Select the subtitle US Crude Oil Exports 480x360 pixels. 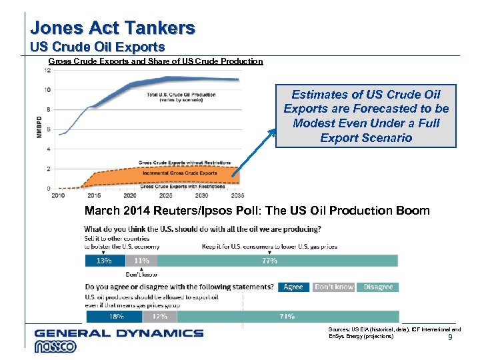[97, 47]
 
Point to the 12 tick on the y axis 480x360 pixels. [47, 70]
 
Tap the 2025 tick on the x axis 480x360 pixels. [166, 195]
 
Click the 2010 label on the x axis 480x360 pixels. [58, 195]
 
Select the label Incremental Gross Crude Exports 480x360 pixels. [179, 173]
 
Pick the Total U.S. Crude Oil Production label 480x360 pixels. [181, 97]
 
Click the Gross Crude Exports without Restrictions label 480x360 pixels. [185, 163]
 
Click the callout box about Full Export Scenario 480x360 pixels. [366, 116]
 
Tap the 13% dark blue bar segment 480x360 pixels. [105, 261]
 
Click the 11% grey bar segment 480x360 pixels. [141, 261]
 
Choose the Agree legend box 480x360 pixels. [293, 287]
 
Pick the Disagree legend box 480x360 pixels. [378, 287]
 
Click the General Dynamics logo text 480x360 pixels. [119, 333]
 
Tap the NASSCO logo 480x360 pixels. [57, 347]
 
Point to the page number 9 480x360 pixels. [450, 338]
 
